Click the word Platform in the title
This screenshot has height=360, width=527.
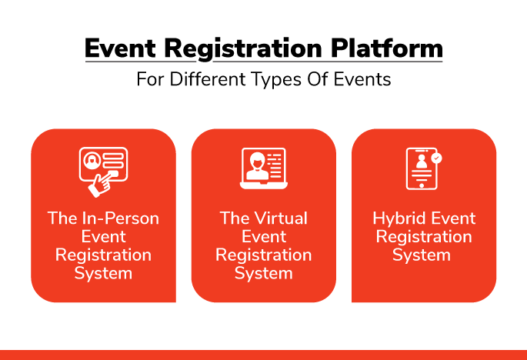[x=386, y=48]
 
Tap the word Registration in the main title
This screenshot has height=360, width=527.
[x=243, y=50]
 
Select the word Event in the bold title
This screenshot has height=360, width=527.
[x=120, y=48]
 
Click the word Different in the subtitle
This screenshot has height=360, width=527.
[x=208, y=80]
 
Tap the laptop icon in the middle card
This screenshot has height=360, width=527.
[x=264, y=168]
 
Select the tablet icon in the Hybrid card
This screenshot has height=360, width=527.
[x=422, y=168]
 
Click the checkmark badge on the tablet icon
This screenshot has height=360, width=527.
[x=436, y=158]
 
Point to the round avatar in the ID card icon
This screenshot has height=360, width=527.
[x=92, y=160]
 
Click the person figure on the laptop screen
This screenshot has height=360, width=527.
[x=258, y=166]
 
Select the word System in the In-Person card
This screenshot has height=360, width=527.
[x=103, y=274]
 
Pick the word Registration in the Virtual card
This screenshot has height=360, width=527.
[x=263, y=255]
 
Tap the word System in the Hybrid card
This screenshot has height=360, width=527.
[x=422, y=255]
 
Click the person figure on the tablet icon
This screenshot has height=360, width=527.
[x=422, y=162]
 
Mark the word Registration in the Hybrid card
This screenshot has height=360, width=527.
[x=424, y=238]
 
